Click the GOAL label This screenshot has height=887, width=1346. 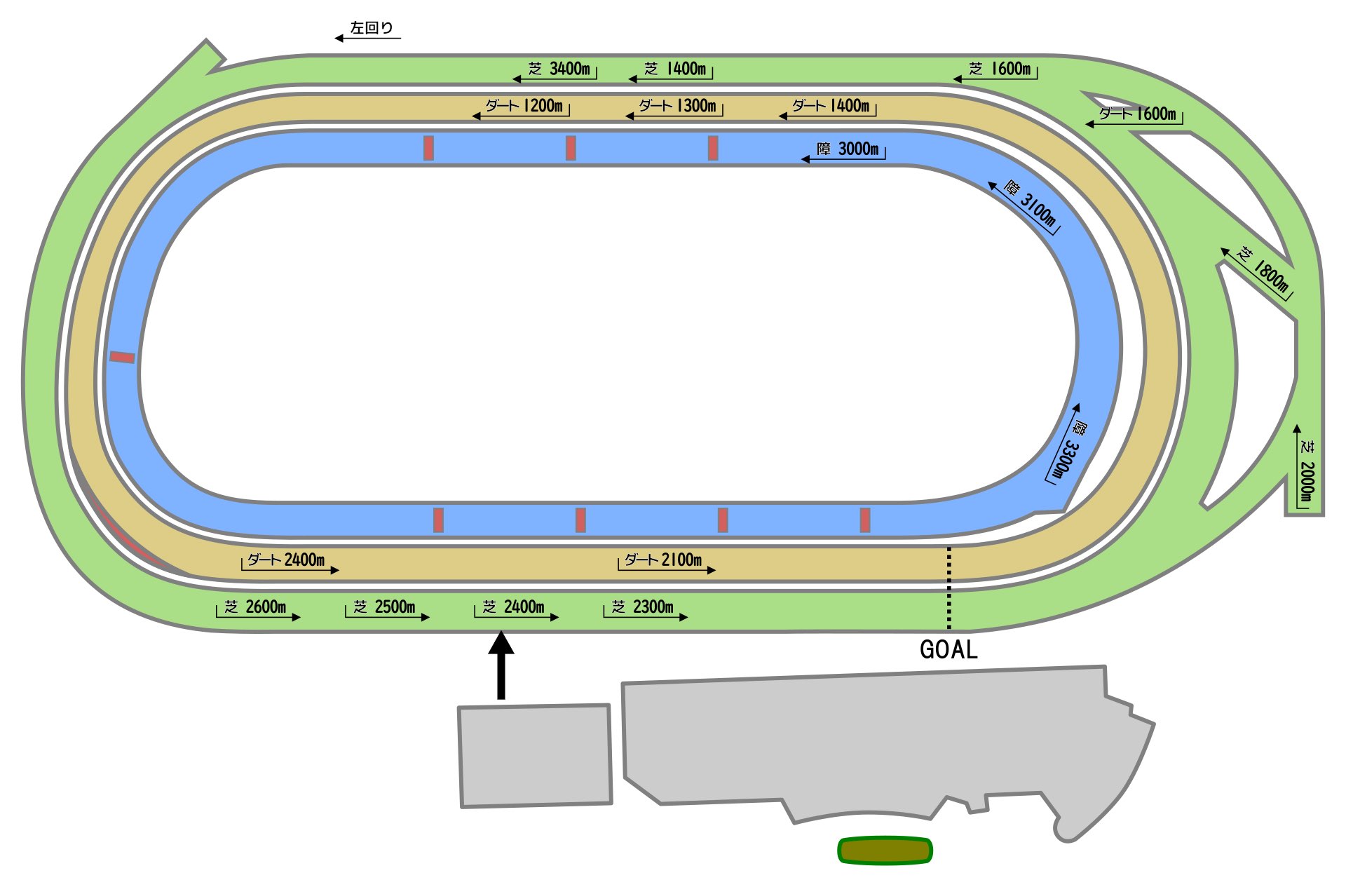948,650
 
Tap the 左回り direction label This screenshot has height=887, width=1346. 372,28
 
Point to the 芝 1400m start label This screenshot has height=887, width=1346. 675,69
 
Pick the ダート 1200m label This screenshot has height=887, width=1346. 524,106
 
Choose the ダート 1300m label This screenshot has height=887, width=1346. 678,106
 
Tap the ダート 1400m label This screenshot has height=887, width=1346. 831,106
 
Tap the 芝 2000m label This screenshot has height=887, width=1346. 1306,472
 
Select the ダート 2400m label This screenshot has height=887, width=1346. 286,560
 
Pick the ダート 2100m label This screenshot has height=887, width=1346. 663,560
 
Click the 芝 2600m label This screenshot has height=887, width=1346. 255,607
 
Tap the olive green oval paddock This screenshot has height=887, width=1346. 885,851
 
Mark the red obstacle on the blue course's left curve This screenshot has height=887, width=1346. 122,358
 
